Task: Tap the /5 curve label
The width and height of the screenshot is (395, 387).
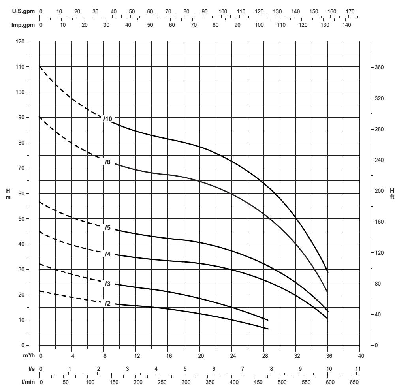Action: click(107, 228)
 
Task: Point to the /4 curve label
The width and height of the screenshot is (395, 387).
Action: click(107, 254)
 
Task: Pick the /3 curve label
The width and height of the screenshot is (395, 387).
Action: click(107, 284)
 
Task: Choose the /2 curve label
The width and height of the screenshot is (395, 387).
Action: click(107, 303)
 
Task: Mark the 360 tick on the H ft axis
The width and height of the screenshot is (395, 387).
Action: click(379, 67)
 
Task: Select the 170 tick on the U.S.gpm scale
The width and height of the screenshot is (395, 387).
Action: click(350, 11)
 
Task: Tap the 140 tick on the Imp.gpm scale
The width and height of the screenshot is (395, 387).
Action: click(347, 25)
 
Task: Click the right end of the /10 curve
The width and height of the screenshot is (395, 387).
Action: click(328, 272)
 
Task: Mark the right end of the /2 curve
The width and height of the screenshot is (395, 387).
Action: click(268, 329)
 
